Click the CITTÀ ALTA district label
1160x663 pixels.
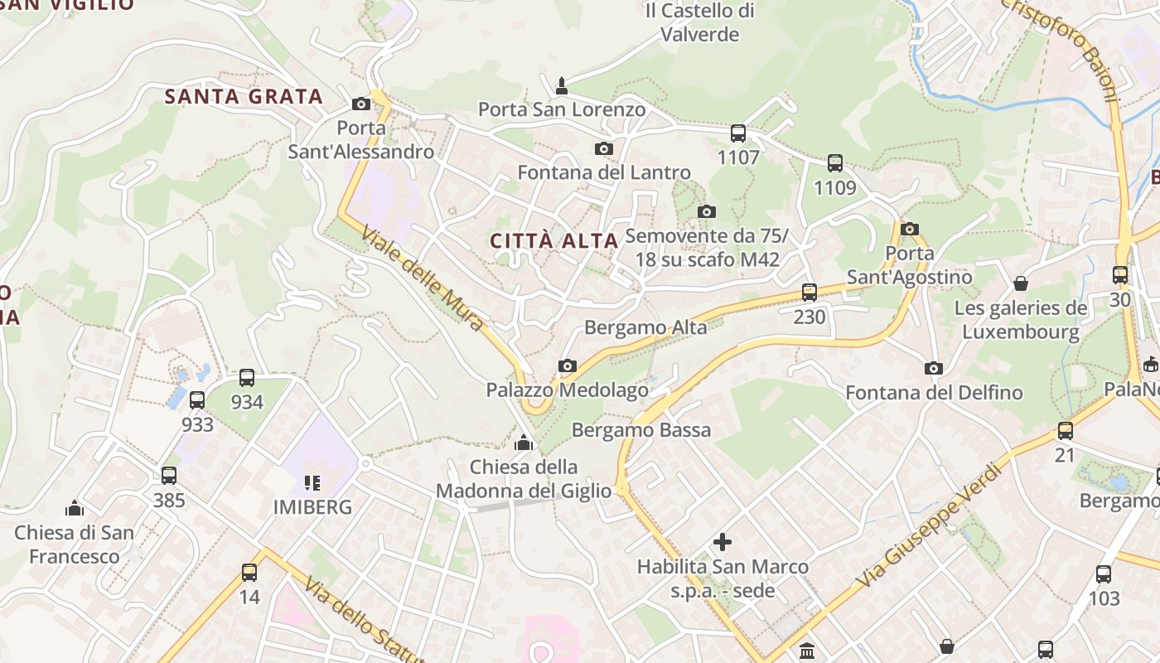554,241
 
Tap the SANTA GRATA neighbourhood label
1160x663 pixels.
244,96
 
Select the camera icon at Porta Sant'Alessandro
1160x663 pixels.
360,104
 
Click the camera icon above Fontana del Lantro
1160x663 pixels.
604,148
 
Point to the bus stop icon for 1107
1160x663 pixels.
738,133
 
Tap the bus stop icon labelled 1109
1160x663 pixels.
835,163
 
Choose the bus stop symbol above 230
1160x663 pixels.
810,292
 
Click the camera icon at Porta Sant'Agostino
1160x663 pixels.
910,229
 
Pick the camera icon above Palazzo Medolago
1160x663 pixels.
568,365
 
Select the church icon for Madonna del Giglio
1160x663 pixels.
523,443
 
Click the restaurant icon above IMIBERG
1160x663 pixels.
312,482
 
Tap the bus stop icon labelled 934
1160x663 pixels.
247,378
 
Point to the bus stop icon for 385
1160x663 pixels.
169,476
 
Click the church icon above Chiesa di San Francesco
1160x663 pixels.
75,507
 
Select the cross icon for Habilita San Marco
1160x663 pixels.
723,542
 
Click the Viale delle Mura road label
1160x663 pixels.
422,279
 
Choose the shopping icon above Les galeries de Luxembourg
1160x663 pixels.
1021,283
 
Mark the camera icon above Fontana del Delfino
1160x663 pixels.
934,368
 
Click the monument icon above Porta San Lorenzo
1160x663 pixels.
562,85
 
